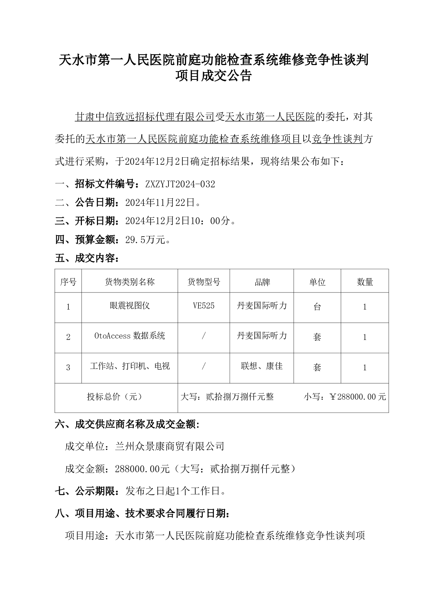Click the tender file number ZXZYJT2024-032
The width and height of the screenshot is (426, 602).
pos(180,184)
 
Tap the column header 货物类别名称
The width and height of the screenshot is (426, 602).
pos(129,282)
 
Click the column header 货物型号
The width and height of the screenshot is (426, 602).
pos(204,282)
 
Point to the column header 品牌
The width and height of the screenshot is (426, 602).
pos(262,282)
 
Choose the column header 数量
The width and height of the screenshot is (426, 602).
pos(364,282)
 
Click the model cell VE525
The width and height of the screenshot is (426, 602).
pos(204,306)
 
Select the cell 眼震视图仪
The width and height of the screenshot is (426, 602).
pos(129,306)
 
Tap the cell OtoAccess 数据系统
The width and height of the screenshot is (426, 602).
pos(129,336)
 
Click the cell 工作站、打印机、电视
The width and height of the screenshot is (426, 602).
pos(129,366)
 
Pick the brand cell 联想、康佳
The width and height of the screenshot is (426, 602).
pos(262,366)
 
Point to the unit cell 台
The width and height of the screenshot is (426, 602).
pos(317,307)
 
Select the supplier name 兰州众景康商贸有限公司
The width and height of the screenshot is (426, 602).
pos(170,446)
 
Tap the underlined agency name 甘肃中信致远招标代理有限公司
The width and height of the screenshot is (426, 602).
pos(145,117)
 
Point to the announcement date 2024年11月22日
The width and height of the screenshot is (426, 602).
pos(160,203)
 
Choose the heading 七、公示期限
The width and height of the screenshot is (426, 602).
pos(87,491)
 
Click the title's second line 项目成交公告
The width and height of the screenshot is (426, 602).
pos(213,76)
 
